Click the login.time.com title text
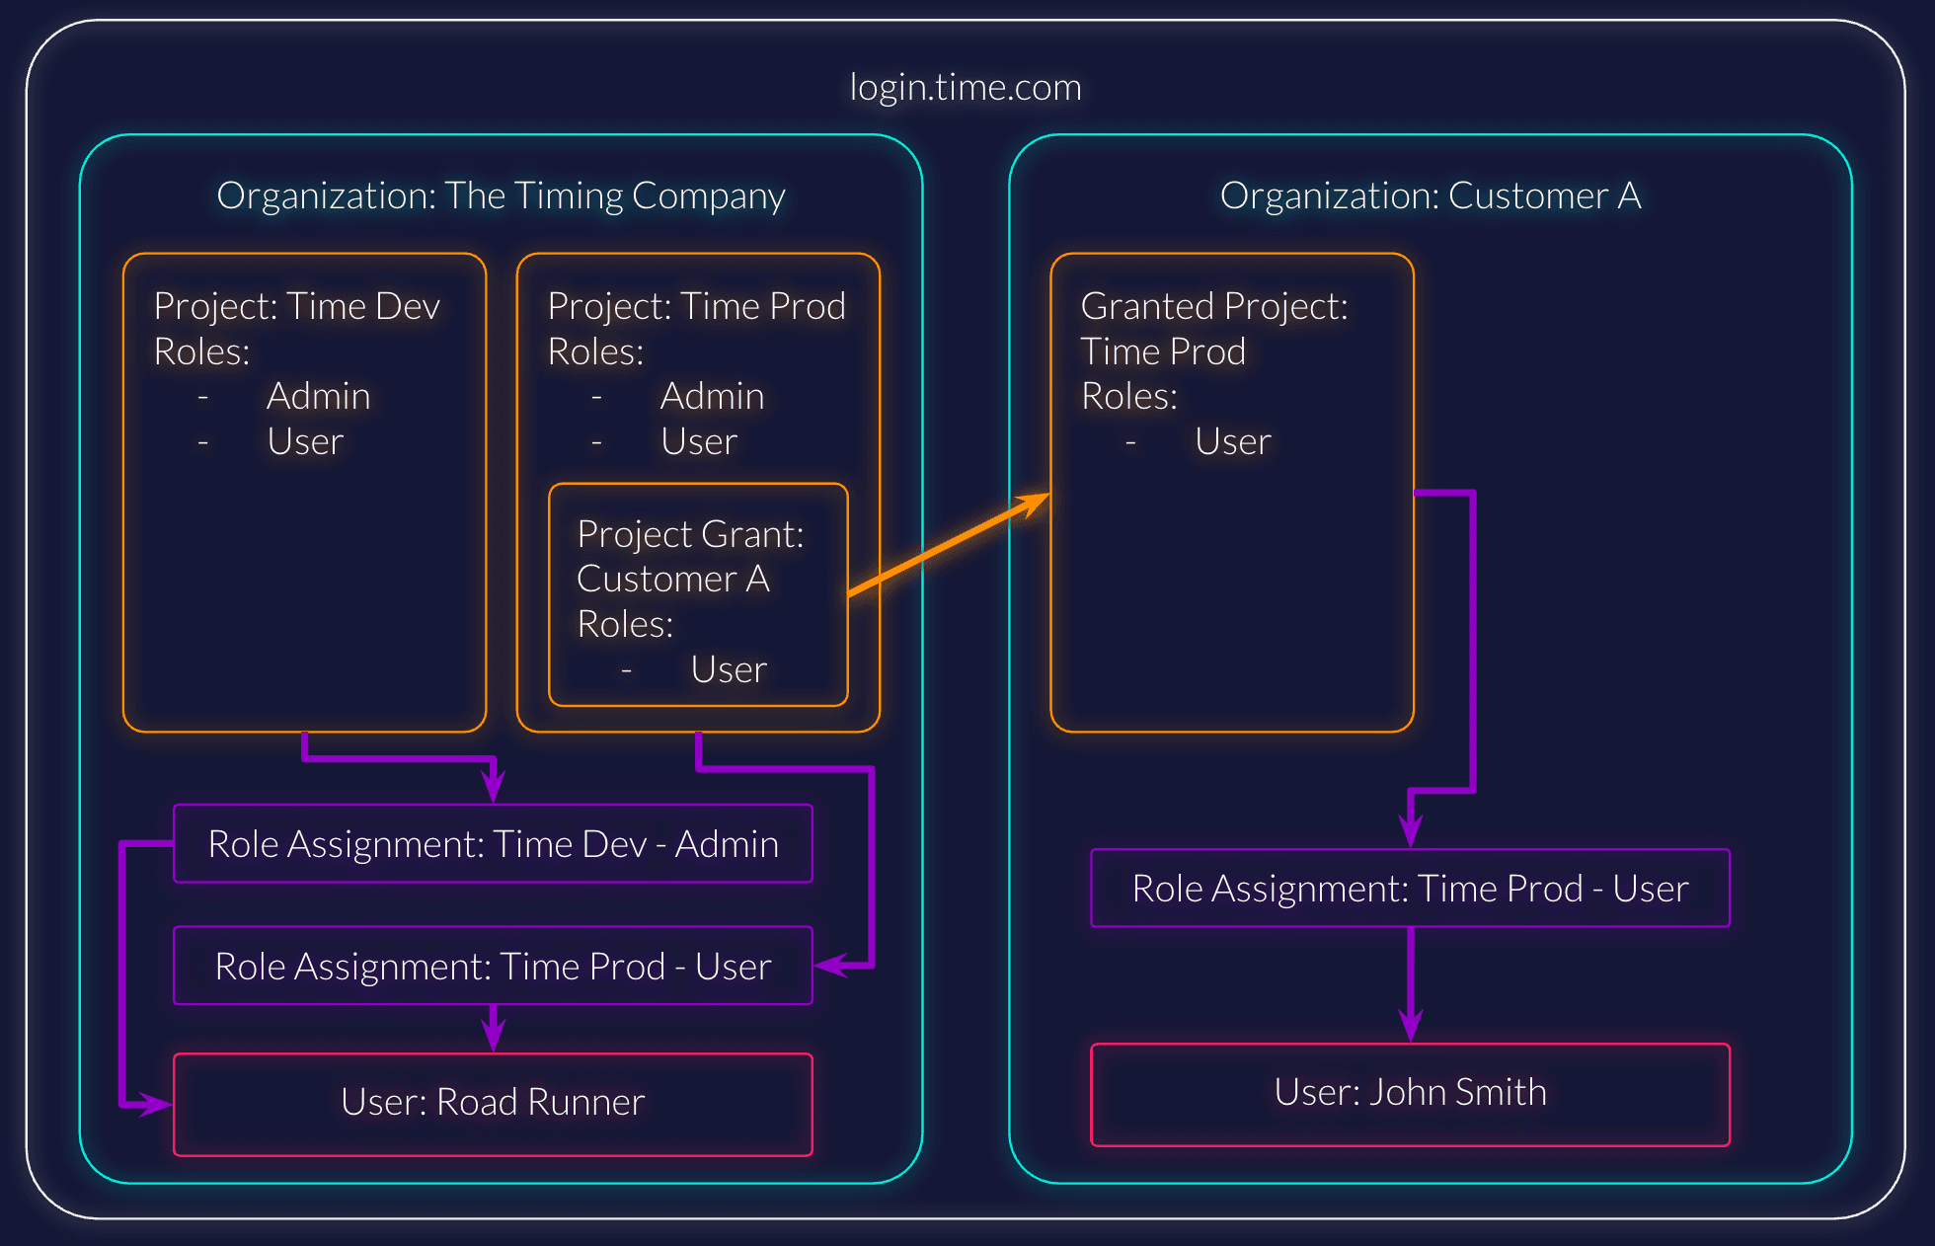pos(966,88)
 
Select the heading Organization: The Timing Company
pos(501,195)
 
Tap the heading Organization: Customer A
pos(1431,195)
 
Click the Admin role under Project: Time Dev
pos(318,397)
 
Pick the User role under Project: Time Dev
pos(305,442)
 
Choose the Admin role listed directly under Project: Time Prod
pos(712,397)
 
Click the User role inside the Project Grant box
pos(729,670)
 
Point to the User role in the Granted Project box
pos(1232,442)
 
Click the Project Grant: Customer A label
pos(690,556)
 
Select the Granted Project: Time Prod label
pos(1213,329)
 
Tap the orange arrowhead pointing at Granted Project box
pos(1037,501)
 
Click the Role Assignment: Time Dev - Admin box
pos(493,844)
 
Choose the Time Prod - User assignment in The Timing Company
pos(493,967)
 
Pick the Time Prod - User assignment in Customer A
pos(1410,889)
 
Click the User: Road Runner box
pos(493,1103)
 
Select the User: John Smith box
pos(1410,1093)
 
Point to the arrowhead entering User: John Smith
pos(1411,1027)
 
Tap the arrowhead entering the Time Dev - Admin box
pos(493,788)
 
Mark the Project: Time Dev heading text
pos(296,307)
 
